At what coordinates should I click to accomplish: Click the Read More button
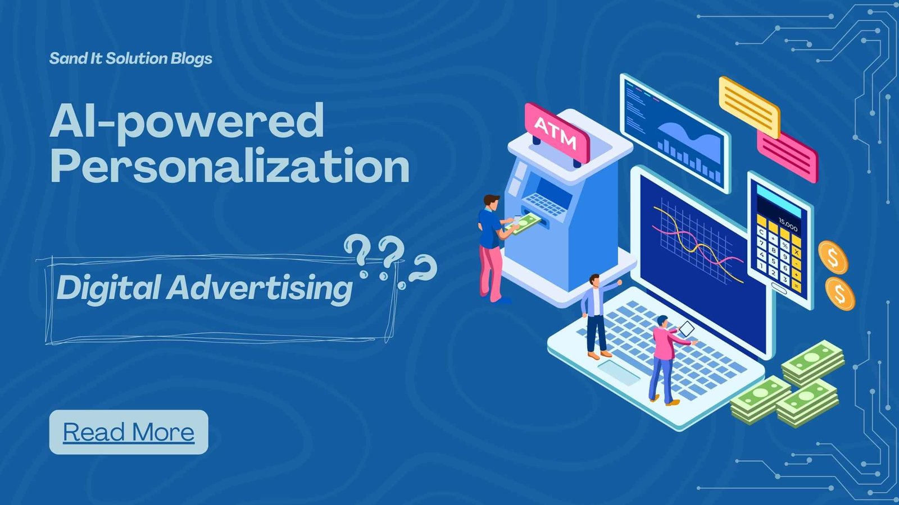point(129,432)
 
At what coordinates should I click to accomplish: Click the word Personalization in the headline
point(230,166)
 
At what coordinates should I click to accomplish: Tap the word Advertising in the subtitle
point(260,288)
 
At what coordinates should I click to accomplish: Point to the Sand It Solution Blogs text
point(130,58)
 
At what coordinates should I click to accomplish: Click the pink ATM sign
point(557,132)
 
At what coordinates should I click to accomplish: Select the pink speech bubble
point(787,157)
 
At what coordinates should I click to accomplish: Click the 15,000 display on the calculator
point(788,224)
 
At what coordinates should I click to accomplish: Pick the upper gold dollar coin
point(833,258)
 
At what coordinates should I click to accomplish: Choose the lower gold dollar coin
point(840,293)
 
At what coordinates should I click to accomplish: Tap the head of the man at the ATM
point(491,201)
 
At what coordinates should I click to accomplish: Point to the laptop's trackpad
point(619,372)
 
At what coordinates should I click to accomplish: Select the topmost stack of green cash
point(813,362)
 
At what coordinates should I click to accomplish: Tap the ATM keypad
point(545,204)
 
